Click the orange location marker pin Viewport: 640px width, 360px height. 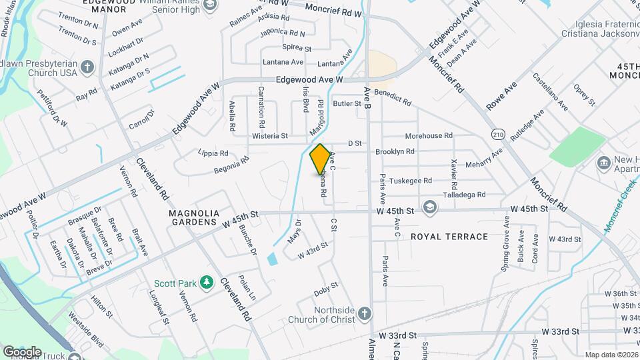pyautogui.click(x=320, y=159)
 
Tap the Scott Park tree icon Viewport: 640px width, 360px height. pyautogui.click(x=207, y=283)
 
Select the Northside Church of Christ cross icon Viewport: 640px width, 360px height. pyautogui.click(x=364, y=313)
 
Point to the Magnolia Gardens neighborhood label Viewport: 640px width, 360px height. pyautogui.click(x=193, y=217)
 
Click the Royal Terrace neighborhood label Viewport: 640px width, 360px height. pyautogui.click(x=449, y=237)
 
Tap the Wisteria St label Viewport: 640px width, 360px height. pyautogui.click(x=269, y=136)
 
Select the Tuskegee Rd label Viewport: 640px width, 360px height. pyautogui.click(x=411, y=181)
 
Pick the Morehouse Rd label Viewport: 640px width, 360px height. pyautogui.click(x=429, y=136)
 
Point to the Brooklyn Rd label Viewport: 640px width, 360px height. pyautogui.click(x=395, y=152)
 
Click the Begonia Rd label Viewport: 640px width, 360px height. pyautogui.click(x=231, y=164)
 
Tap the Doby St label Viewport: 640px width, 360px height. pyautogui.click(x=326, y=289)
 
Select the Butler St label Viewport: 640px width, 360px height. pyautogui.click(x=347, y=103)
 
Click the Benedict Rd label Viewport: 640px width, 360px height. pyautogui.click(x=393, y=97)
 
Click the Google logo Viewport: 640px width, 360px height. pyautogui.click(x=21, y=351)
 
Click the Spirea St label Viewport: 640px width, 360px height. pyautogui.click(x=297, y=48)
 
